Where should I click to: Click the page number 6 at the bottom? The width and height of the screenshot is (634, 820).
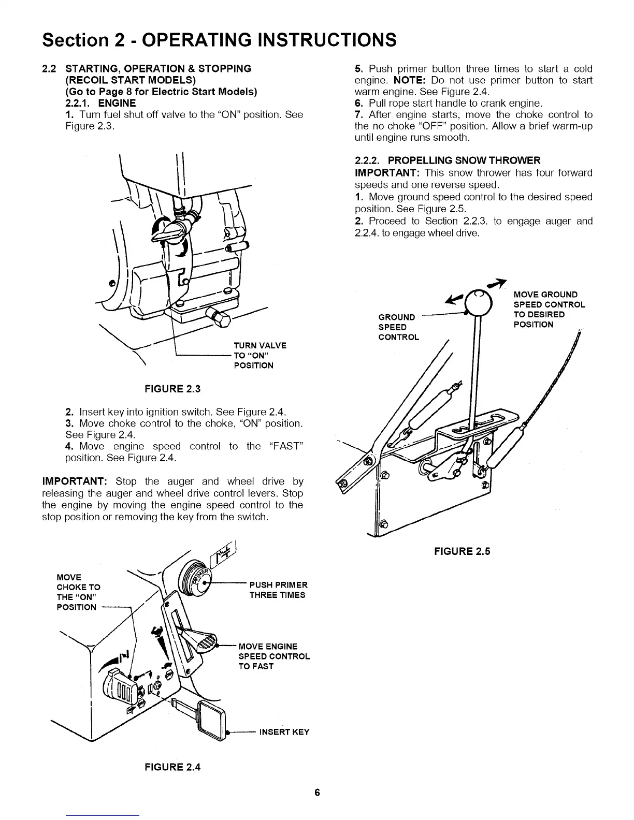(317, 793)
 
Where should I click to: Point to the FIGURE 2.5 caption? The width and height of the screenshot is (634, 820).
(462, 551)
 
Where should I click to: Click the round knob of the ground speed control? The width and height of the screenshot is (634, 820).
(478, 300)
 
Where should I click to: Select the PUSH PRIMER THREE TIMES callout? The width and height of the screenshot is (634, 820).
(278, 590)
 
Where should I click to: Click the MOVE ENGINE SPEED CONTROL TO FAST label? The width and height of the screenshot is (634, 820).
(273, 656)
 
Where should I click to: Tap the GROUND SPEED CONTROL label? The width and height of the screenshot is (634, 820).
(398, 327)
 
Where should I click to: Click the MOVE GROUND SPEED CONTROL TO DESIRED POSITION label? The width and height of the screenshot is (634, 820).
(549, 310)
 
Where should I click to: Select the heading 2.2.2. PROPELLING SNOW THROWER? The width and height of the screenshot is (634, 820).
(447, 160)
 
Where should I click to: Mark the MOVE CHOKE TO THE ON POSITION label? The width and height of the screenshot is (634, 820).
(78, 592)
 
